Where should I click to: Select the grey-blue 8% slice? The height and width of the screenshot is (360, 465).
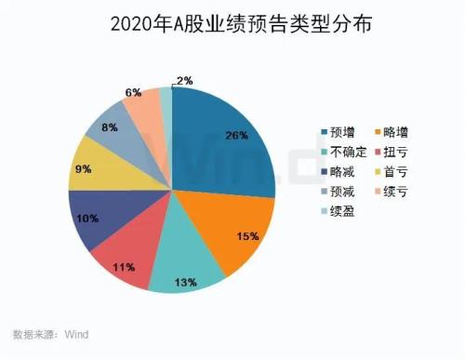tap(116, 131)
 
